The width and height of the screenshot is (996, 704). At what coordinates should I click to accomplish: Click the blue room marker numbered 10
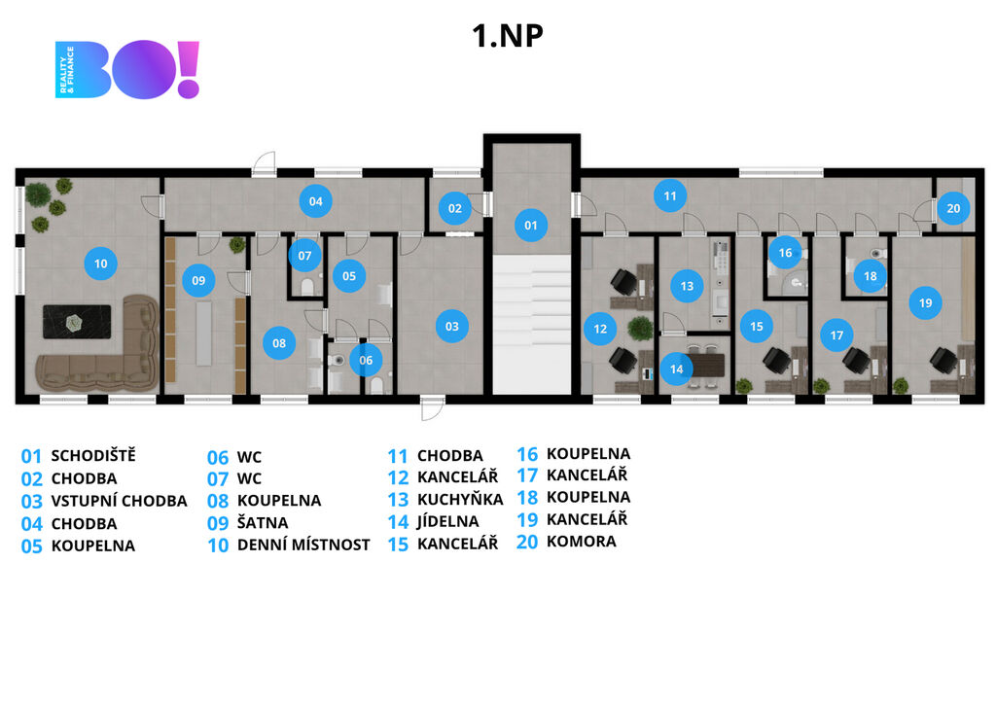pyautogui.click(x=100, y=263)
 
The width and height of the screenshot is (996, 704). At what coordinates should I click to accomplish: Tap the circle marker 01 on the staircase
pyautogui.click(x=531, y=226)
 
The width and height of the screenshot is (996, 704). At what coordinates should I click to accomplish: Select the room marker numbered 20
pyautogui.click(x=953, y=207)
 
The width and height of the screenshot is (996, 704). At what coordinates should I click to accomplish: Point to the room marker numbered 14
pyautogui.click(x=676, y=369)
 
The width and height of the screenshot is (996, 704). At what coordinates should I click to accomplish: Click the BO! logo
pyautogui.click(x=127, y=70)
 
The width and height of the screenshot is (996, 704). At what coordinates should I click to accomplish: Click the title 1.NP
pyautogui.click(x=507, y=36)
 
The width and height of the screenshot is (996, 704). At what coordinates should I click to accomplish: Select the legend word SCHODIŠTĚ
pyautogui.click(x=93, y=455)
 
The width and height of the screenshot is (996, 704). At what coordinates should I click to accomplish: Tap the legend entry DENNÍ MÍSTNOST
pyautogui.click(x=303, y=545)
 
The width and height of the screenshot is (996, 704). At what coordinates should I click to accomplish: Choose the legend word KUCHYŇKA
pyautogui.click(x=460, y=499)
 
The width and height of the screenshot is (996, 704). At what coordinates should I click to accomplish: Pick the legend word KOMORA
pyautogui.click(x=581, y=542)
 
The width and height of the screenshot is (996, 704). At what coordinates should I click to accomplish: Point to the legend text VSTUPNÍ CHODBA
pyautogui.click(x=119, y=501)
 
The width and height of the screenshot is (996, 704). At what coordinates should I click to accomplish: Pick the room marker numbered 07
pyautogui.click(x=304, y=257)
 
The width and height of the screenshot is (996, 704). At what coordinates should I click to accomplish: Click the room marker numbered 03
pyautogui.click(x=452, y=327)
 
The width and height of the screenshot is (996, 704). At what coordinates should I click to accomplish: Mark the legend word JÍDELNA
pyautogui.click(x=447, y=521)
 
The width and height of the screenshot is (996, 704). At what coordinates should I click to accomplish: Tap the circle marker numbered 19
pyautogui.click(x=925, y=303)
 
